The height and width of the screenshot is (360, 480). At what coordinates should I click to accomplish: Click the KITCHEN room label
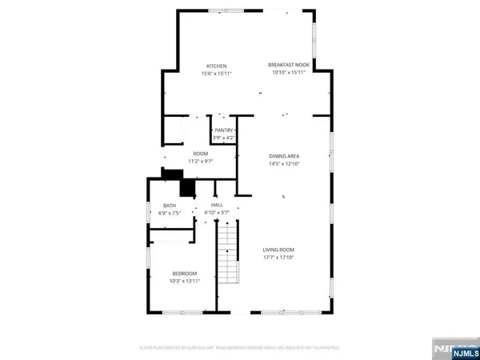[217, 66]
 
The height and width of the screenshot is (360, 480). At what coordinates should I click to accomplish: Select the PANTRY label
[223, 129]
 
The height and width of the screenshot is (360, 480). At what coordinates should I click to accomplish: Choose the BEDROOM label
[184, 274]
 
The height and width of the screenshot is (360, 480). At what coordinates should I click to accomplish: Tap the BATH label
[170, 205]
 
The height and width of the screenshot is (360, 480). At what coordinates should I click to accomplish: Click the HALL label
[217, 205]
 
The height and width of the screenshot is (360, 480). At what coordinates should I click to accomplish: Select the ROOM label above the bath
[201, 152]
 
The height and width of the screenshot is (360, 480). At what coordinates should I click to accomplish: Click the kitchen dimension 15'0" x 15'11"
[217, 74]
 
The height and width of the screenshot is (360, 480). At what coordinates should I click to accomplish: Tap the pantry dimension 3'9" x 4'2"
[223, 137]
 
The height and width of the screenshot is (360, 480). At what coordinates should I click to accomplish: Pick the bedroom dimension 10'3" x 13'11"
[184, 282]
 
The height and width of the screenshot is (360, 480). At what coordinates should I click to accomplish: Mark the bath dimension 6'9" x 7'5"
[170, 213]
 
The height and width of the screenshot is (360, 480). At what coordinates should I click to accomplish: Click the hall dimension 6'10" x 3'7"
[217, 213]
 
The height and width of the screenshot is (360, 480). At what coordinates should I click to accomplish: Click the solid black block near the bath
[187, 187]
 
